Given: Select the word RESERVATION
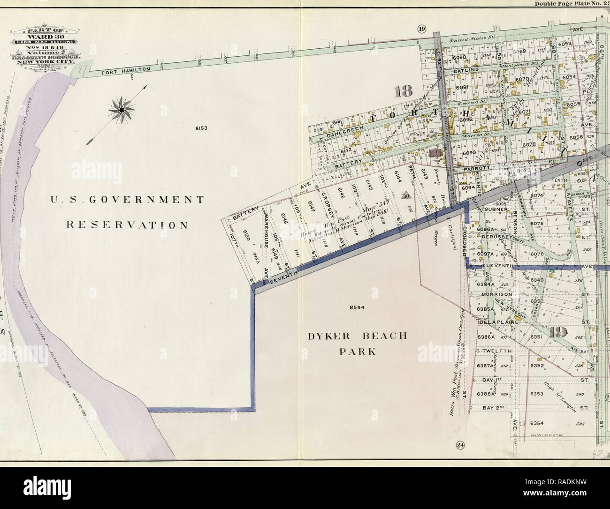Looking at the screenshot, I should click(x=126, y=225).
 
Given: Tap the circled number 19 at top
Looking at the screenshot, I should click(x=421, y=30).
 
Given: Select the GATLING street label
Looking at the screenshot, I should click(x=469, y=70).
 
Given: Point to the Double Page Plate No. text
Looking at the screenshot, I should click(x=565, y=4).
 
